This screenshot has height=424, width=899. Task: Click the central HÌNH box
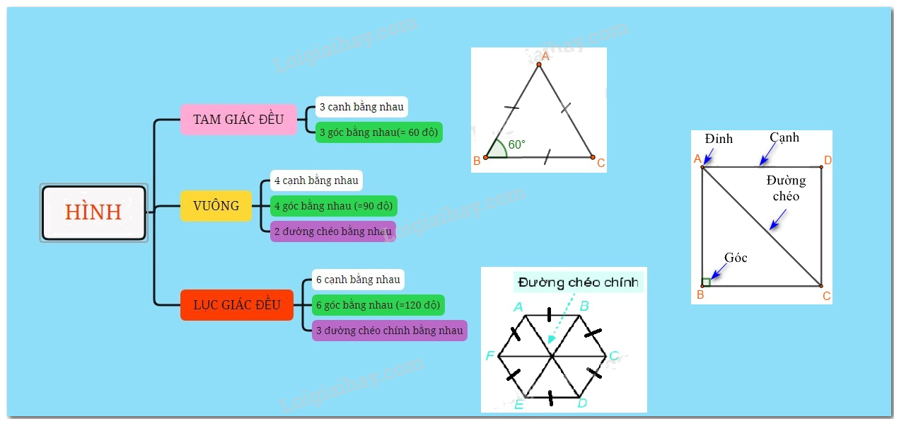point(93,212)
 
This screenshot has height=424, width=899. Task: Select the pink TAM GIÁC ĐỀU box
point(238,120)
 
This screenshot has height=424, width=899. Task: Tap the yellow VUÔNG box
point(216,206)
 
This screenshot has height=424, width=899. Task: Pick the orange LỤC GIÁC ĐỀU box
point(237,305)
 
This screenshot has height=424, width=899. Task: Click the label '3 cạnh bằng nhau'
point(361,107)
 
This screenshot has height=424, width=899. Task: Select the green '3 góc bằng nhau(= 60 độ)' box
point(378,132)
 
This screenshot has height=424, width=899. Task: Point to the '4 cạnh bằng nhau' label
point(316,181)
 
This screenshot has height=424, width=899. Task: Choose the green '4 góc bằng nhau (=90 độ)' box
point(333,206)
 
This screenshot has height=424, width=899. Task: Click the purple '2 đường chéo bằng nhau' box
point(332,231)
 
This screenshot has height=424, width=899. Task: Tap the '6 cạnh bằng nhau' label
point(358,280)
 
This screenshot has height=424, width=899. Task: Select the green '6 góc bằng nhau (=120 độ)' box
point(378,305)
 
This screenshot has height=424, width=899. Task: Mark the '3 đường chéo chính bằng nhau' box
point(389,331)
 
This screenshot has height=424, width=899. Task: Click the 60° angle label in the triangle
point(516,144)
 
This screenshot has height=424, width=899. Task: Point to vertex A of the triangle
point(538,64)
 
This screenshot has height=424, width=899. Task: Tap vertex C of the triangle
point(593,157)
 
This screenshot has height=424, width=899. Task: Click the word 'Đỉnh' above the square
point(719,139)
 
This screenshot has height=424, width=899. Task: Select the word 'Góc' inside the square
point(736,258)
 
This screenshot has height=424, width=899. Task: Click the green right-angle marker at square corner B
point(706,282)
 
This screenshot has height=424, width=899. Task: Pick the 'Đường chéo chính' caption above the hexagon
point(578,282)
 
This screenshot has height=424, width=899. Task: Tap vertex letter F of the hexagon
point(490,355)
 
